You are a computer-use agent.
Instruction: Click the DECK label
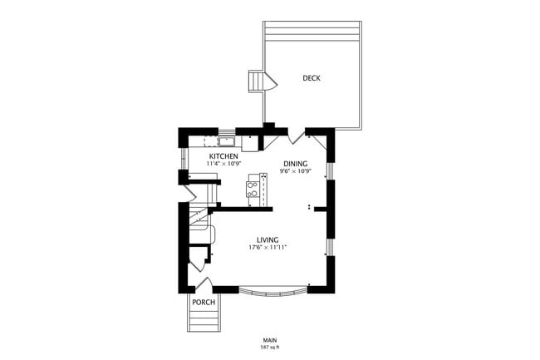(x=312, y=78)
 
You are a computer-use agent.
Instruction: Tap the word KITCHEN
(x=223, y=156)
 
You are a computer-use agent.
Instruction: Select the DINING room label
(x=295, y=164)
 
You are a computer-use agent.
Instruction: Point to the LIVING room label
(x=268, y=240)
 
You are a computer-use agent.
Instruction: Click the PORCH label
(x=204, y=302)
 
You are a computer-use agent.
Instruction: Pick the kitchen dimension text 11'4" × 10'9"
(x=223, y=165)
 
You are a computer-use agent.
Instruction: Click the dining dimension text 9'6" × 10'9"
(x=295, y=172)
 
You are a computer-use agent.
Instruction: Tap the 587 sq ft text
(x=269, y=347)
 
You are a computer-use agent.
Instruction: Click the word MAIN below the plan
(x=269, y=339)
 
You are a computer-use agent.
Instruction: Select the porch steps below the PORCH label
(x=204, y=320)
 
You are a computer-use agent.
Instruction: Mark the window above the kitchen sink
(x=225, y=131)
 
